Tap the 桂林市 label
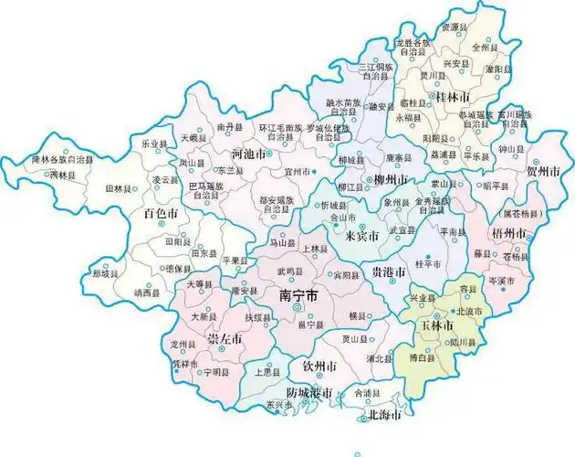[x=453, y=97]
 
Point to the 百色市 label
[x=161, y=214]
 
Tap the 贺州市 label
[x=543, y=171]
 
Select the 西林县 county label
[x=63, y=174]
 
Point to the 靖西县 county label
[x=147, y=293]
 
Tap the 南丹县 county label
[x=230, y=126]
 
